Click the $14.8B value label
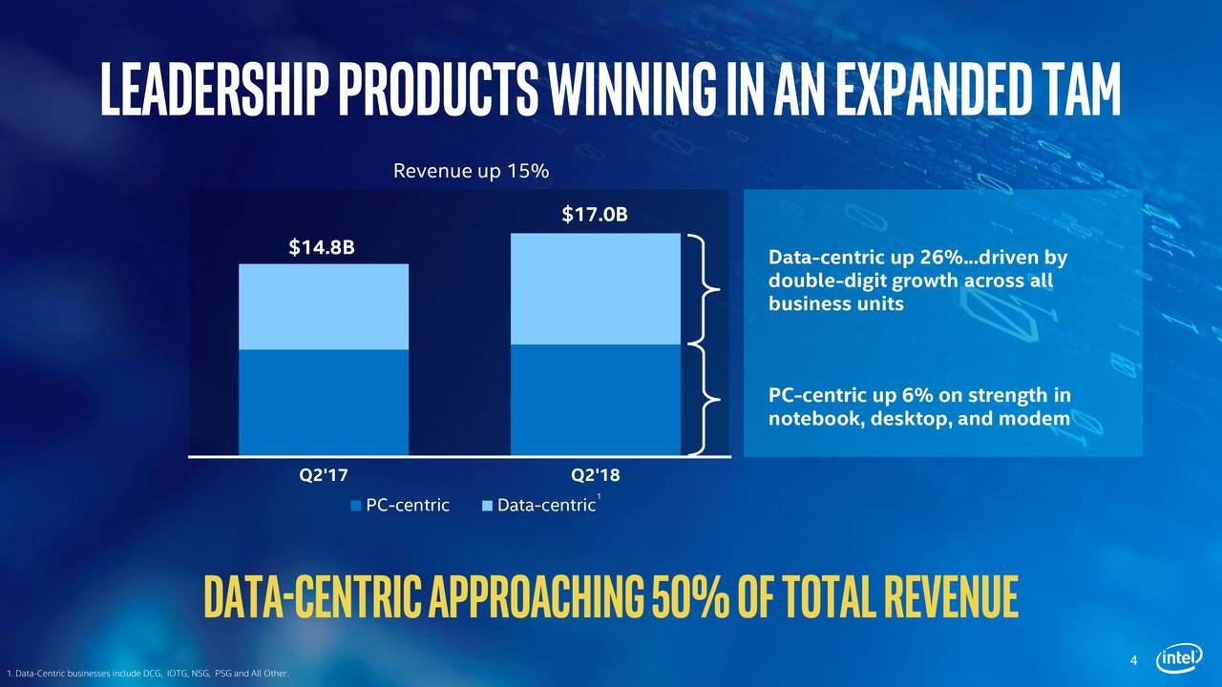[322, 247]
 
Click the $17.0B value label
[595, 215]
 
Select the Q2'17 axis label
[323, 475]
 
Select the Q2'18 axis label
[595, 475]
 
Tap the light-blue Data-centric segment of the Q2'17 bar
[324, 307]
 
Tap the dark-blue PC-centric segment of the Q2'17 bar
[324, 402]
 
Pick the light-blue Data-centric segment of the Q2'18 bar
[596, 289]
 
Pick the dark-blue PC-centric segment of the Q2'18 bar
[596, 400]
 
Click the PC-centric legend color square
[356, 506]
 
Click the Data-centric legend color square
[487, 506]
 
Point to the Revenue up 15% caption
[471, 171]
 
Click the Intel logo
[1179, 658]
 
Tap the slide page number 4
[1133, 660]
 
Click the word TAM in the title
[1071, 89]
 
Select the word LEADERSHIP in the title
[216, 89]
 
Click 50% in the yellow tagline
[690, 596]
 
